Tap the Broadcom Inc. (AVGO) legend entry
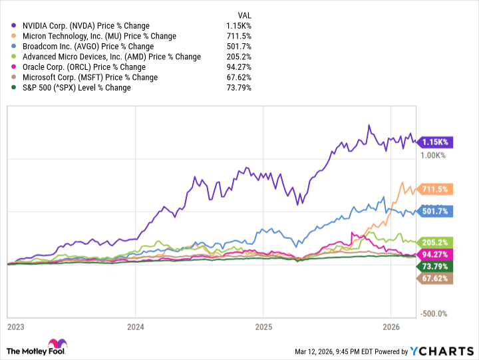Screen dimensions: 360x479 (x=83, y=47)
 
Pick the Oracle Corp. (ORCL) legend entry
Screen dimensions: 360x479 (x=79, y=67)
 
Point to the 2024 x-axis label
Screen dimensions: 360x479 (x=135, y=327)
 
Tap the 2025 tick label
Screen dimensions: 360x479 (x=263, y=327)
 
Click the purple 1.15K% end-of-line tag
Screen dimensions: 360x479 (x=434, y=142)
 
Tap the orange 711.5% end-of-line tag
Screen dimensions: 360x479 (x=434, y=189)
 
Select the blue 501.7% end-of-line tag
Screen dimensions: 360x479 (x=434, y=212)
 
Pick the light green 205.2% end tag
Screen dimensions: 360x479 (x=434, y=242)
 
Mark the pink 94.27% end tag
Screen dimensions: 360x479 (x=434, y=254)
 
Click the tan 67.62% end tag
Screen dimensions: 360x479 (x=434, y=279)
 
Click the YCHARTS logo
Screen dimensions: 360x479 (x=446, y=351)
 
